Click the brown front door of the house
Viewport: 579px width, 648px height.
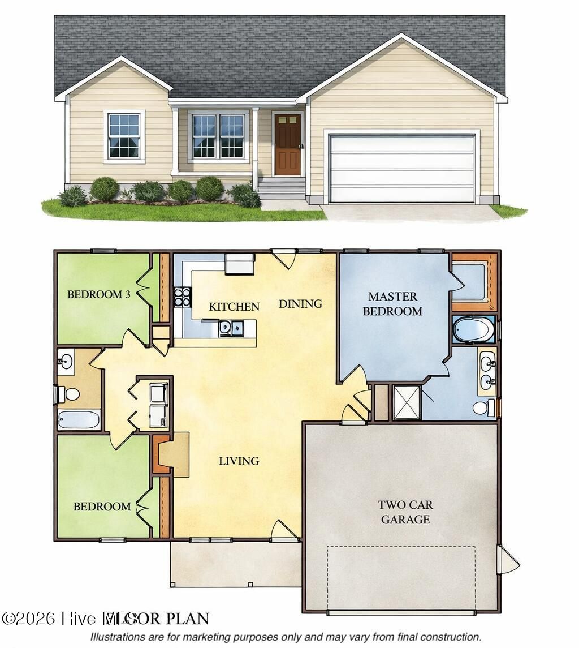pyautogui.click(x=287, y=144)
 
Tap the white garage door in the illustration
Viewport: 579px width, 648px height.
pyautogui.click(x=401, y=168)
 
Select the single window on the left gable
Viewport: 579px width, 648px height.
pyautogui.click(x=124, y=136)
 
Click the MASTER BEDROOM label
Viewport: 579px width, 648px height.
pyautogui.click(x=392, y=303)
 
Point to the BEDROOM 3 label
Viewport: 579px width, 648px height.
pyautogui.click(x=94, y=294)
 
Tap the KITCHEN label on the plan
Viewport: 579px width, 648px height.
pyautogui.click(x=234, y=307)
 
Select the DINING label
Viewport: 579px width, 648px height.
pyautogui.click(x=300, y=304)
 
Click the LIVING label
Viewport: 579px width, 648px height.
pyautogui.click(x=239, y=461)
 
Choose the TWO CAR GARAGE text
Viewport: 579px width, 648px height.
pyautogui.click(x=405, y=512)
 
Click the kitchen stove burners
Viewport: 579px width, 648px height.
pyautogui.click(x=182, y=297)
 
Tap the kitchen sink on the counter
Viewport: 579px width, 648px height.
pyautogui.click(x=231, y=328)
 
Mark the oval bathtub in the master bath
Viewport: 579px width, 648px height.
pyautogui.click(x=473, y=330)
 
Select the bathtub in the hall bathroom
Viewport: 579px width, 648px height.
pyautogui.click(x=79, y=420)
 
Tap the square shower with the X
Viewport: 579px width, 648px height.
pyautogui.click(x=407, y=402)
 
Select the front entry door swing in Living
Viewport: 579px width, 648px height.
pyautogui.click(x=284, y=530)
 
